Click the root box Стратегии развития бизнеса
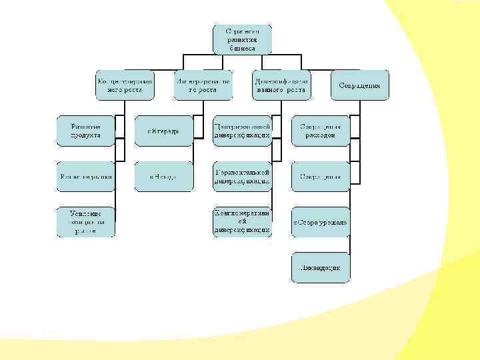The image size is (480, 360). click(x=242, y=39)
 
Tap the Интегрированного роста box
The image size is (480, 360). click(x=204, y=85)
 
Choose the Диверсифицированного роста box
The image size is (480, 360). click(x=281, y=85)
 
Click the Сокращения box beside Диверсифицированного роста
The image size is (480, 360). click(x=360, y=85)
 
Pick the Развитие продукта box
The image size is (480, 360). click(x=85, y=130)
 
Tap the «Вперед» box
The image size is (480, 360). click(x=163, y=131)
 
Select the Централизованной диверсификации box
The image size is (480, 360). click(x=242, y=130)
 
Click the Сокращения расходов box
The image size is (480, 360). click(x=320, y=130)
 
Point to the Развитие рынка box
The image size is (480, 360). click(x=85, y=177)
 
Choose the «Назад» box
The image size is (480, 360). click(x=163, y=177)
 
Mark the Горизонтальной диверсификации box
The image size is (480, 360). click(x=242, y=177)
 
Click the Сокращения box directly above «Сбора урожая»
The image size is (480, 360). click(x=320, y=177)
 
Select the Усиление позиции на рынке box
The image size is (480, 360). click(x=85, y=222)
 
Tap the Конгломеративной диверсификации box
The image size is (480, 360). click(x=242, y=222)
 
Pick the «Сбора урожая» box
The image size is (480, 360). click(x=320, y=222)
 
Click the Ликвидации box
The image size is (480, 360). click(x=320, y=267)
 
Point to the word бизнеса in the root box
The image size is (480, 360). click(x=242, y=48)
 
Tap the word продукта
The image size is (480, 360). click(x=85, y=135)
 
